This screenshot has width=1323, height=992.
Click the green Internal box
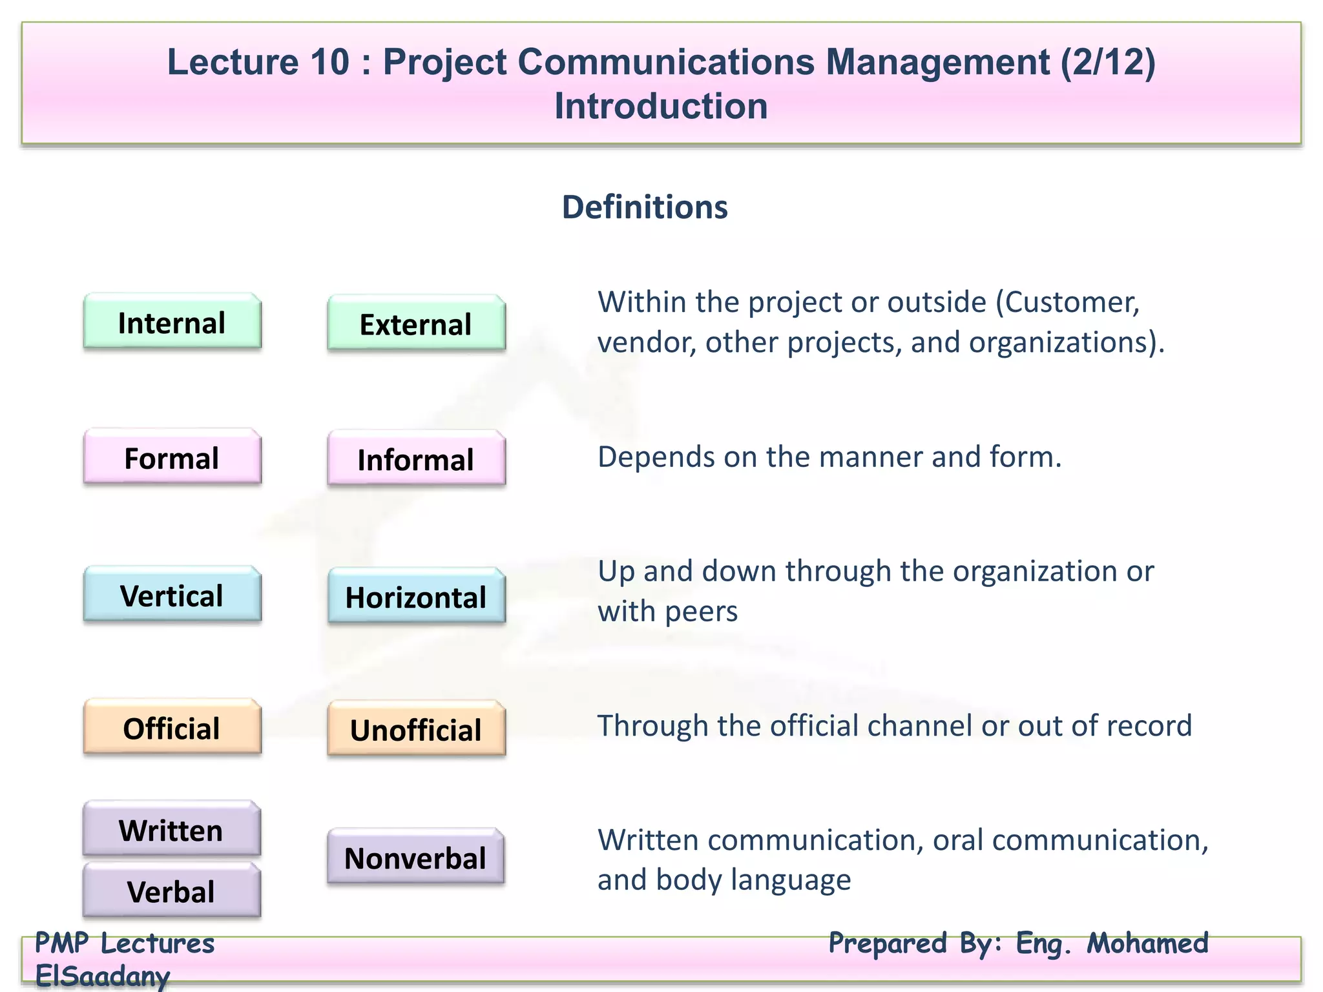(172, 322)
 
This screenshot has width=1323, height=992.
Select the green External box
(416, 324)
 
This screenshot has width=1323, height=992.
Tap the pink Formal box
(172, 458)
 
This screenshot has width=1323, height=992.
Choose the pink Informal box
(416, 459)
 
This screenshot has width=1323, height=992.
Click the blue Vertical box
(172, 595)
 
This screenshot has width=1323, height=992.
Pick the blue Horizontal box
(416, 597)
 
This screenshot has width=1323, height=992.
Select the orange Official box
(172, 728)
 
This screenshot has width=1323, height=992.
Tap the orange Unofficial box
(416, 730)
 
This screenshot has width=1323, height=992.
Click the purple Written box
(171, 830)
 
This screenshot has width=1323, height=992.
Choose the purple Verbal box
(171, 891)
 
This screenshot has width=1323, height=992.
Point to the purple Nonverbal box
(415, 858)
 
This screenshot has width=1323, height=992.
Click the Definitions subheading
(645, 207)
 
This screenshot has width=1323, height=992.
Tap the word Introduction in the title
(661, 106)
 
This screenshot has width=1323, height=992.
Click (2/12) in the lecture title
(1107, 62)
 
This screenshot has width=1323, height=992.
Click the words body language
(753, 880)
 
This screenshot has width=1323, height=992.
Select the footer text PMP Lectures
(125, 944)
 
